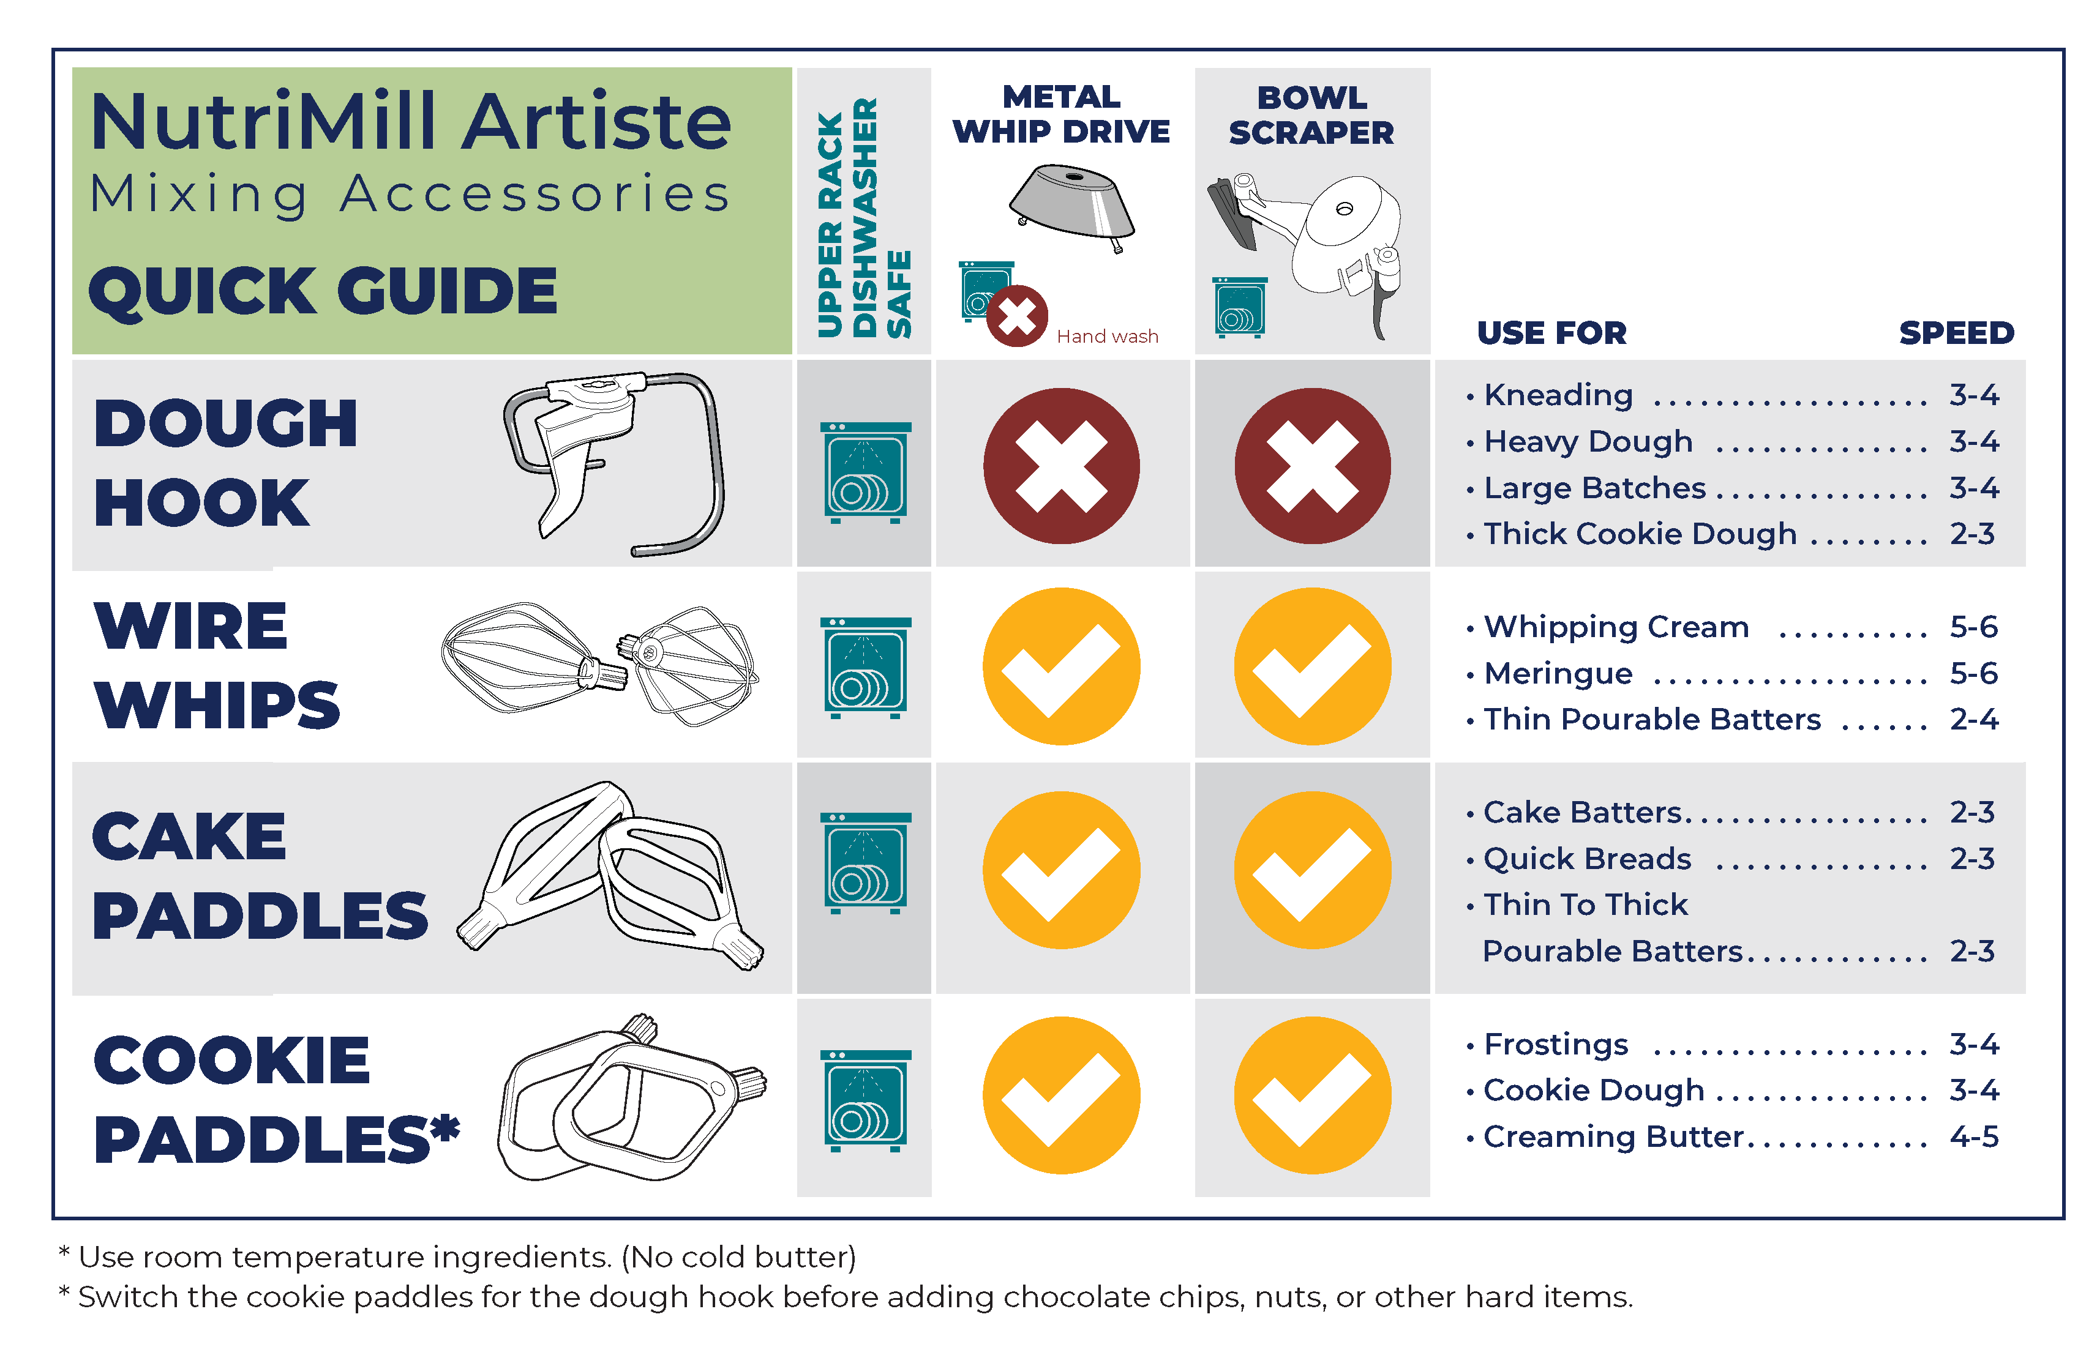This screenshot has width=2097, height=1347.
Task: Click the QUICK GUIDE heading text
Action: pyautogui.click(x=323, y=291)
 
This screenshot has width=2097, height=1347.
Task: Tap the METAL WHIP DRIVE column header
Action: pyautogui.click(x=1060, y=114)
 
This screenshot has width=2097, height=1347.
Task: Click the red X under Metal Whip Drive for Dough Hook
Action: pyautogui.click(x=1060, y=465)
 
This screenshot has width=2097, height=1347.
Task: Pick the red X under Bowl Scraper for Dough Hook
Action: pyautogui.click(x=1312, y=465)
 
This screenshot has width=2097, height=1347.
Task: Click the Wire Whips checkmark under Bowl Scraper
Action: pyautogui.click(x=1312, y=666)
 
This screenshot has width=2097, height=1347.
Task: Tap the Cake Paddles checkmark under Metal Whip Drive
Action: pyautogui.click(x=1061, y=870)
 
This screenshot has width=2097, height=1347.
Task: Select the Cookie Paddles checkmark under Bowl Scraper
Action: pyautogui.click(x=1312, y=1094)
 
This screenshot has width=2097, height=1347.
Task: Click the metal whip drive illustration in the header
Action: pyautogui.click(x=1071, y=206)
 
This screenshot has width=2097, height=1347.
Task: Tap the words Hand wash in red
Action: pyautogui.click(x=1107, y=336)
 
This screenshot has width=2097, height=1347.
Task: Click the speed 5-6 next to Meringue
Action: pyautogui.click(x=1974, y=673)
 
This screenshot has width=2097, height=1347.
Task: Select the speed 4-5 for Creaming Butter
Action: pyautogui.click(x=1974, y=1136)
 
